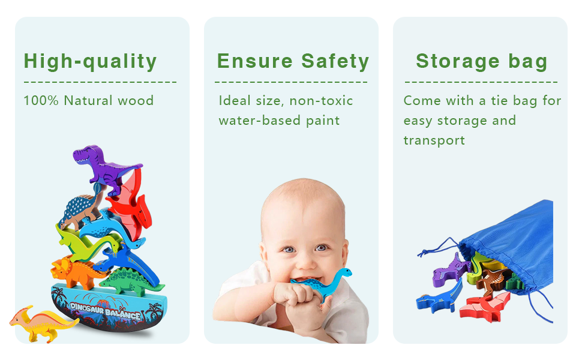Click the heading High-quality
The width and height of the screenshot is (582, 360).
point(90,61)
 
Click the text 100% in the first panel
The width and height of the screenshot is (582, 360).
point(41,100)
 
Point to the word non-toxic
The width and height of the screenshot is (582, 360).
point(322,100)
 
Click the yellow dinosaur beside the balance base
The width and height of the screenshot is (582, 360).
point(42,322)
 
